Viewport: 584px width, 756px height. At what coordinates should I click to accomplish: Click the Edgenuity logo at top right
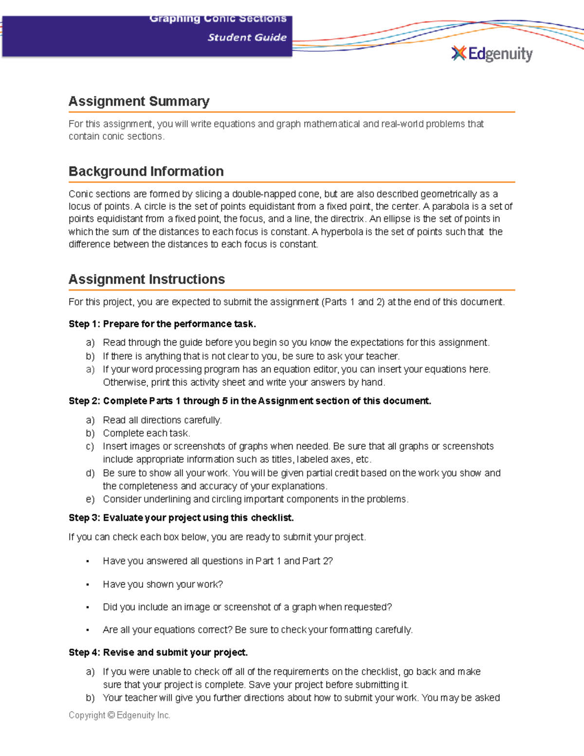[492, 54]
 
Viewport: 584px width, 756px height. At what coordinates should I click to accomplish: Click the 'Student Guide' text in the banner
[247, 37]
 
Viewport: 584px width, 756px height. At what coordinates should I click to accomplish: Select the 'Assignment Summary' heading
[139, 101]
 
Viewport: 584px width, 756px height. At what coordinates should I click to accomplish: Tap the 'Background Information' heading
[146, 171]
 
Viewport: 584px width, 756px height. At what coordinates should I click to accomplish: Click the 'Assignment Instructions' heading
[146, 279]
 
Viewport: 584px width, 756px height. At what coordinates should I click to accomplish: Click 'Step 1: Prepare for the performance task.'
[162, 324]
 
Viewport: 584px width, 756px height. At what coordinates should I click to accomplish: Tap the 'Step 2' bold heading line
[250, 401]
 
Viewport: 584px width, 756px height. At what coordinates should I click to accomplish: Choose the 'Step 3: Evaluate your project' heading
[181, 518]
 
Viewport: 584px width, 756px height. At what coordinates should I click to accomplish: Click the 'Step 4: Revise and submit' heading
[158, 653]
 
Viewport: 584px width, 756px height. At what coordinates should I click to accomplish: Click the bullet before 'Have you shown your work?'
[88, 585]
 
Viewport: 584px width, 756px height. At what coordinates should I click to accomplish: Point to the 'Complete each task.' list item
[146, 433]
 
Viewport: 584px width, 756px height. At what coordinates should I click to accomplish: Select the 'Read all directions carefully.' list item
[162, 420]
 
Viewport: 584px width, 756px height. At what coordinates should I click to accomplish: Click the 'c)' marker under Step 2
[90, 446]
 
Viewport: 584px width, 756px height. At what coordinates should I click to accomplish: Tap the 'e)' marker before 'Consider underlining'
[90, 499]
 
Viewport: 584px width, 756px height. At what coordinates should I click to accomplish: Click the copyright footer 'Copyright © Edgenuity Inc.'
[119, 715]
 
